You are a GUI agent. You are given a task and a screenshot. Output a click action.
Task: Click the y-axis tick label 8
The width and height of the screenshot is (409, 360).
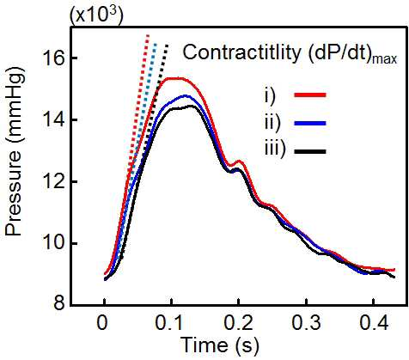click(59, 303)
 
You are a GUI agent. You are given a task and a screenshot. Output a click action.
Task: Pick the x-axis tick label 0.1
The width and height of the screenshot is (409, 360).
click(171, 323)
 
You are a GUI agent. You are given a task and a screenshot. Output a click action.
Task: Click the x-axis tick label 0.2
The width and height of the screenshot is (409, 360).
click(239, 323)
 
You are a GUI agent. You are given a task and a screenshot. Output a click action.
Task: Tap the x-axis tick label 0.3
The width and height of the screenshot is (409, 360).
click(306, 323)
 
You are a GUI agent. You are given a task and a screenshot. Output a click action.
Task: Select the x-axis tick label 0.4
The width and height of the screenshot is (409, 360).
click(374, 323)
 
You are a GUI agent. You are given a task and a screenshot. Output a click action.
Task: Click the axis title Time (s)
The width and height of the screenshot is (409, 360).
click(220, 345)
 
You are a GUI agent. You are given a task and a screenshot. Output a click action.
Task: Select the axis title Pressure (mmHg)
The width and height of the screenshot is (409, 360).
click(15, 156)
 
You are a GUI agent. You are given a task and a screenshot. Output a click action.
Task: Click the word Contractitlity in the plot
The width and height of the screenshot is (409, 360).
click(242, 52)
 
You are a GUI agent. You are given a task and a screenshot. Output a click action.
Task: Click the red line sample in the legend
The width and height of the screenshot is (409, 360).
click(310, 95)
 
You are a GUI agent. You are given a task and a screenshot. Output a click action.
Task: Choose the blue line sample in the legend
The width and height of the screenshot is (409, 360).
click(310, 124)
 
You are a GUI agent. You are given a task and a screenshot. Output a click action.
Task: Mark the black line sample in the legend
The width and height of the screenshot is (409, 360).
click(310, 151)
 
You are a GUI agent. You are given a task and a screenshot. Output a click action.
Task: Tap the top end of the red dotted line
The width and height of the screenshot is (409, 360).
click(148, 35)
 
